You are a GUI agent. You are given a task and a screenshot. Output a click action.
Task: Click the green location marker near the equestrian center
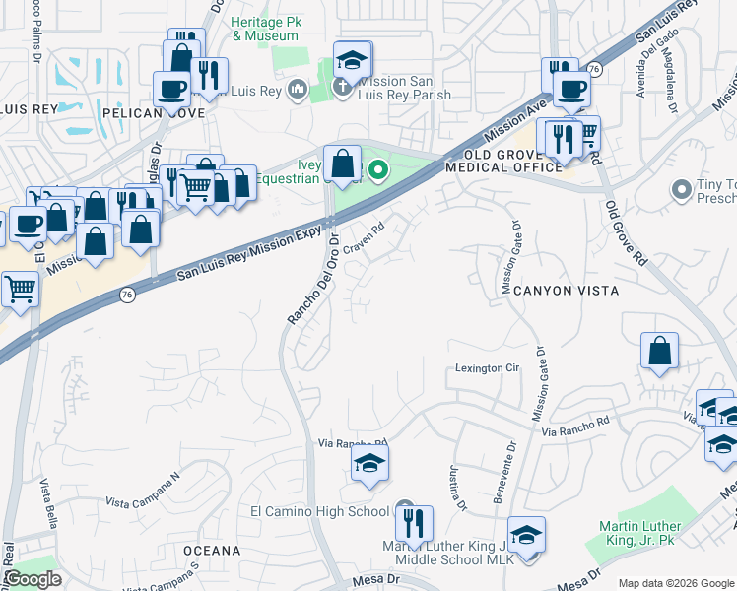[376, 172]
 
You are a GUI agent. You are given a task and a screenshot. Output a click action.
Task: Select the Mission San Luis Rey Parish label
[404, 88]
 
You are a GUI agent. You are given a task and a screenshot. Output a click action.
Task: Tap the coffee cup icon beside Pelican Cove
[172, 90]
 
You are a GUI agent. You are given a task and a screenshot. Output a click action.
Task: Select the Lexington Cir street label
[487, 368]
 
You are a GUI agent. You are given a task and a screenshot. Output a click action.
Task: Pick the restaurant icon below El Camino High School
[415, 524]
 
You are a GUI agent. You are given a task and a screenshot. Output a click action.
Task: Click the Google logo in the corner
[33, 579]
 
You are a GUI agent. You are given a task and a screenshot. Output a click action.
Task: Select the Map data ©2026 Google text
[675, 583]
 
